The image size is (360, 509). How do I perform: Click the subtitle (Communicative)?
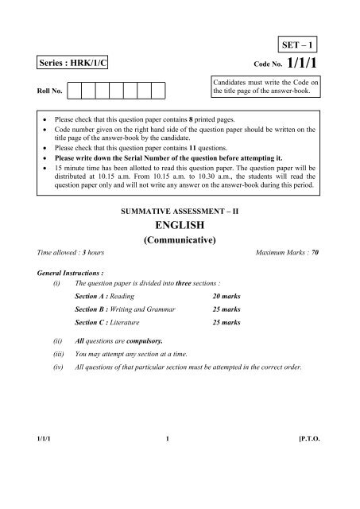(x=179, y=250)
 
